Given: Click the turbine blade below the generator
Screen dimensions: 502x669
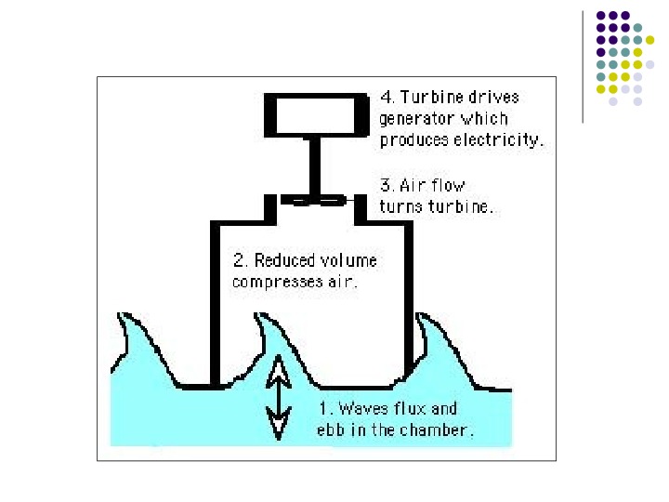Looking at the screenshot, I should tap(313, 198).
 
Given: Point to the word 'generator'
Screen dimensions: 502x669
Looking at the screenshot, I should tap(418, 119).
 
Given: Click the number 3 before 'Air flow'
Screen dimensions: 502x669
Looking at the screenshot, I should tap(386, 186).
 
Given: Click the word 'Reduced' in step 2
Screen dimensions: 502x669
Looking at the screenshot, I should tap(285, 261).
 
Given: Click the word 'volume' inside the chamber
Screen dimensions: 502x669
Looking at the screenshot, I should tap(348, 261).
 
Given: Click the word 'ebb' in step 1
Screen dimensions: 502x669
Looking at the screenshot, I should tap(333, 430).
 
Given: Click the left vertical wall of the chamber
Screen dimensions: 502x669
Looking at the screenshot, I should tap(216, 307).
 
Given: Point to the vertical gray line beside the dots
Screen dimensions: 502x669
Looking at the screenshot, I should tap(582, 65).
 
